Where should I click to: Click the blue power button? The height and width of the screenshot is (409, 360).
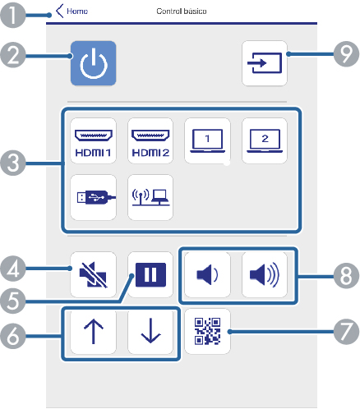click(94, 63)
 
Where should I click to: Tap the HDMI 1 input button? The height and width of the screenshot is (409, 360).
click(94, 140)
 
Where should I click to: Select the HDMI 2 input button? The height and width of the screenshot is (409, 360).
click(150, 140)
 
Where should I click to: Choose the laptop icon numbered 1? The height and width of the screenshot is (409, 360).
click(207, 140)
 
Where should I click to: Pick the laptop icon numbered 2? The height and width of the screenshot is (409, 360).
click(265, 140)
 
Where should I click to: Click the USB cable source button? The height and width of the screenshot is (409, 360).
click(94, 197)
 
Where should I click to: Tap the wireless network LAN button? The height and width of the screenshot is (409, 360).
click(150, 197)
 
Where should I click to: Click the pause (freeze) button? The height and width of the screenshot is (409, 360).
click(150, 274)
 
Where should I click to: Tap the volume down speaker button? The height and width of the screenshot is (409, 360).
click(207, 274)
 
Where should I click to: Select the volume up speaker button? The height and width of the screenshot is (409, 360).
click(265, 274)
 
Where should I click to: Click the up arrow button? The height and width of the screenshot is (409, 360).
click(94, 332)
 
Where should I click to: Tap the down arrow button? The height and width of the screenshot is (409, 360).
click(150, 332)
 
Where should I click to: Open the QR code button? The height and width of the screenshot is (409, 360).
click(207, 331)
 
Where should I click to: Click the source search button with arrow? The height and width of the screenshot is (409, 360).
click(265, 63)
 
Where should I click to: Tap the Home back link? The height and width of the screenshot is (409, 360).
click(72, 11)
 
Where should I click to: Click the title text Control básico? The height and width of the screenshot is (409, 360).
click(182, 11)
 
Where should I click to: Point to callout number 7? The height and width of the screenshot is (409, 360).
click(346, 331)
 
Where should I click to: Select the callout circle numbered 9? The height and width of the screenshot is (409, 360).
click(346, 54)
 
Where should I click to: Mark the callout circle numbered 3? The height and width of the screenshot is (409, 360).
click(13, 163)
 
